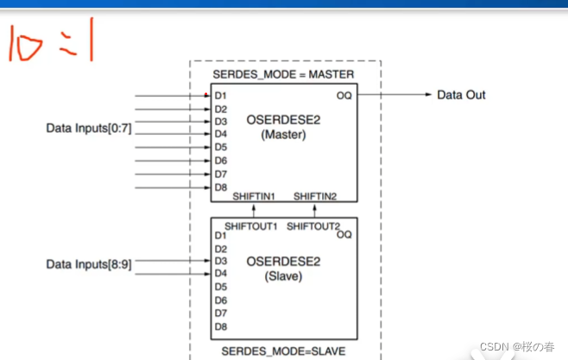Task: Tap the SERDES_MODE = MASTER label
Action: pos(283,75)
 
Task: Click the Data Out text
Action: pos(461,94)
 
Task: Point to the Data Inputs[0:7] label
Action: pos(89,128)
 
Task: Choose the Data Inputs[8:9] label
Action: pos(89,264)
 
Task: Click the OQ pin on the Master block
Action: pos(344,95)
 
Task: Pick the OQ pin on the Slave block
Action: pos(344,235)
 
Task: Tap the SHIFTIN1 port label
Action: pos(254,197)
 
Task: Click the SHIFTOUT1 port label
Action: pos(251,226)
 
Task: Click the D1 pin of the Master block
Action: pos(221,96)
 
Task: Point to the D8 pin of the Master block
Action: pos(221,186)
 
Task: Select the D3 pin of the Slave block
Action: pos(221,261)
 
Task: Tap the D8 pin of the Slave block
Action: pos(221,326)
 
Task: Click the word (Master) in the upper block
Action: pos(284,135)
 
